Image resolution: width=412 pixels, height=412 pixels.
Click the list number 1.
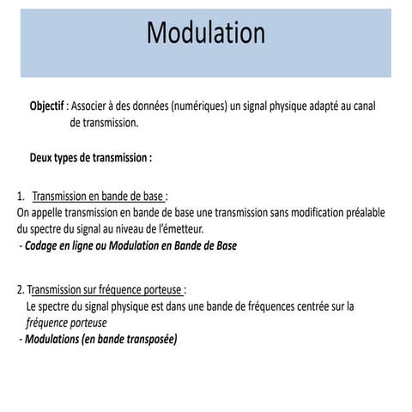(19, 195)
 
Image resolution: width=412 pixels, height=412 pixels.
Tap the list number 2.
(19, 288)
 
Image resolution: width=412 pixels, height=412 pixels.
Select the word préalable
(365, 212)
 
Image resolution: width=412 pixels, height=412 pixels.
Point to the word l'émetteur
(179, 228)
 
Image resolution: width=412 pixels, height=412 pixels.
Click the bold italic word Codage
(43, 245)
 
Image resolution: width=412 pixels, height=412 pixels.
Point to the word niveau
(128, 228)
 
